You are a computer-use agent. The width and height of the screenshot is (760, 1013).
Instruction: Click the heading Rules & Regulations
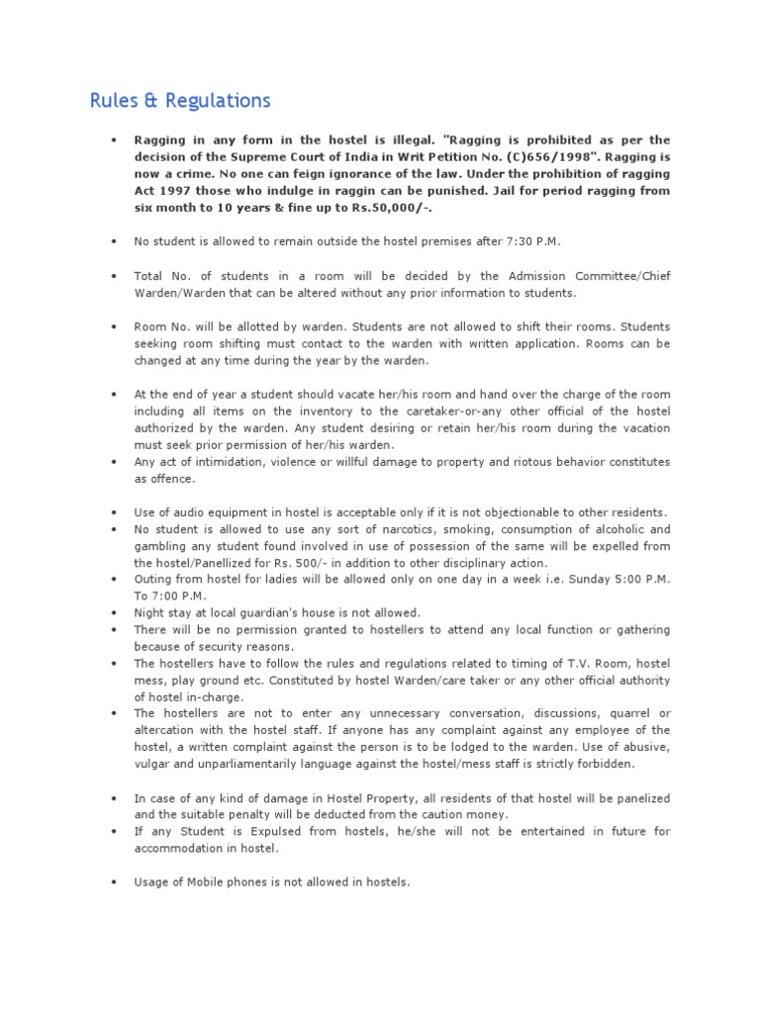(x=179, y=101)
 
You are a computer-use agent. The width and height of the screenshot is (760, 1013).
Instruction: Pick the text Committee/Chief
(x=621, y=276)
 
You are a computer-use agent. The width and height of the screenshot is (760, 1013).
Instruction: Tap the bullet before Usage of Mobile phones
(x=116, y=882)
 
